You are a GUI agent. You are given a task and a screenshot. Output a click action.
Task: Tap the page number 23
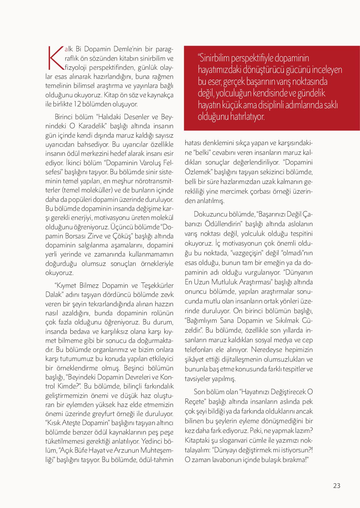pos(337,486)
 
